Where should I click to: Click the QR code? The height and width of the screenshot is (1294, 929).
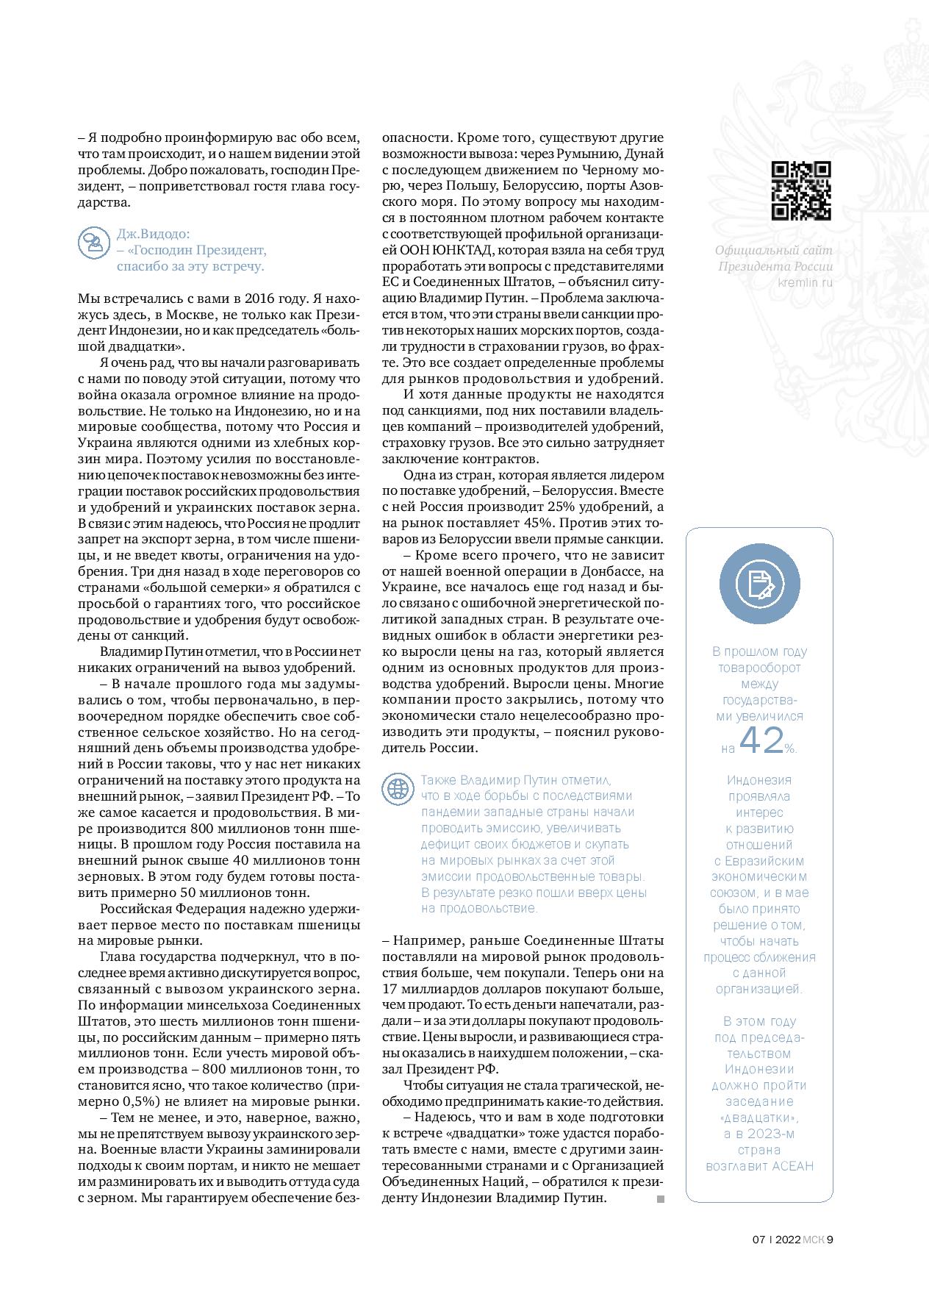tap(801, 191)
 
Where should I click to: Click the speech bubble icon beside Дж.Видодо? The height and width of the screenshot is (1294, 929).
tap(93, 242)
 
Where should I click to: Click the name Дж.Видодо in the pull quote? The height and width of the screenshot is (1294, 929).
tap(153, 234)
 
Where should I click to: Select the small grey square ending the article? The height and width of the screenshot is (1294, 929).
tap(660, 1199)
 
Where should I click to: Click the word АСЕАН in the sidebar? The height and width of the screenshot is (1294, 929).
tap(793, 1187)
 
